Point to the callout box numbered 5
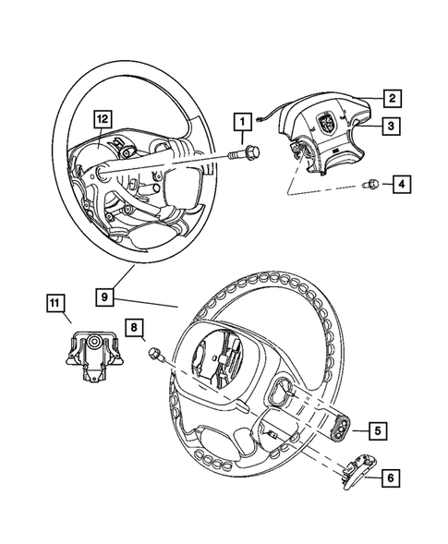tap(378, 429)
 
